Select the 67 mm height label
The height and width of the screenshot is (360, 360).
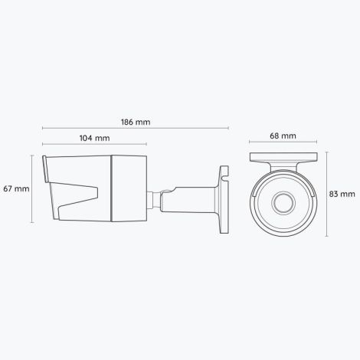click(x=16, y=188)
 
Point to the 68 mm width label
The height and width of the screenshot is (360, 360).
click(x=283, y=136)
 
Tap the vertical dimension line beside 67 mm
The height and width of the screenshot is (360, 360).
click(x=32, y=188)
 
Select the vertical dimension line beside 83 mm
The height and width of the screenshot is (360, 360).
click(x=328, y=195)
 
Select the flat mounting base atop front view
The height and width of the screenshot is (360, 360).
click(x=283, y=156)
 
